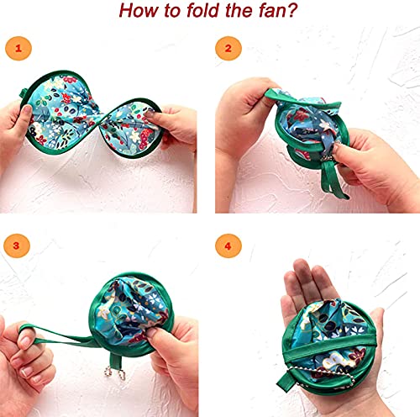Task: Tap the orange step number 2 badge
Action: click(227, 48)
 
